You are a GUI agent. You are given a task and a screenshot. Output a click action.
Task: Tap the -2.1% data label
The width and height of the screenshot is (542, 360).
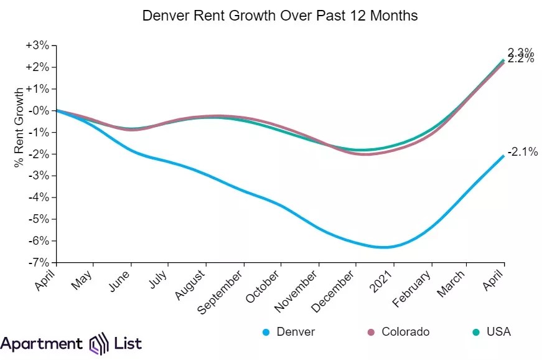(x=523, y=151)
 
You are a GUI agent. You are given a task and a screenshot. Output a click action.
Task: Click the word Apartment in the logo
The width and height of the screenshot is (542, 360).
(x=41, y=343)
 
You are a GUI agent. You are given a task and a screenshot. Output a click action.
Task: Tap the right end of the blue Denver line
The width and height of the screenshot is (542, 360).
(x=503, y=156)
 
